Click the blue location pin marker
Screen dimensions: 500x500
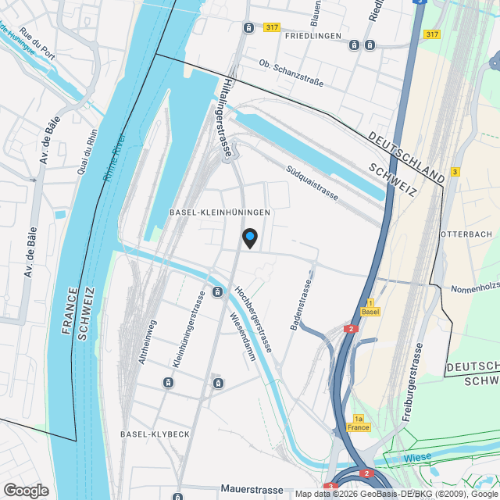tap(249, 237)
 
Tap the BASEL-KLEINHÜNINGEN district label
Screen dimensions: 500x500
tap(220, 212)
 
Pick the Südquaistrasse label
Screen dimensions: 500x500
tap(312, 181)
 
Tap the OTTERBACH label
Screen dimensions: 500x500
tap(466, 234)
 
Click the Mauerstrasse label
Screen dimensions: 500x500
tap(252, 490)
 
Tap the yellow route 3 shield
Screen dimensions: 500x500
tap(455, 171)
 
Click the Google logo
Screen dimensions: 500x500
tap(25, 490)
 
